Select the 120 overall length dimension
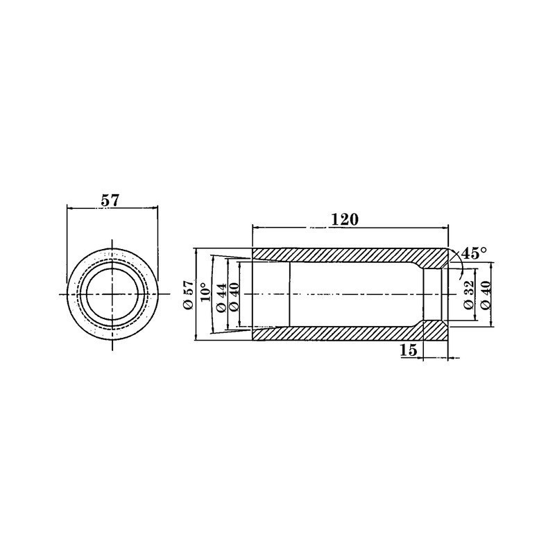(x=344, y=220)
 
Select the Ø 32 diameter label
(x=468, y=295)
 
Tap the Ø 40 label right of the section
(x=485, y=295)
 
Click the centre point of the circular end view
(x=111, y=295)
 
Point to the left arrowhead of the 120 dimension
(x=255, y=227)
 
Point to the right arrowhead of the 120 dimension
(x=445, y=227)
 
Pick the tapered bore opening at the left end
(x=269, y=295)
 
